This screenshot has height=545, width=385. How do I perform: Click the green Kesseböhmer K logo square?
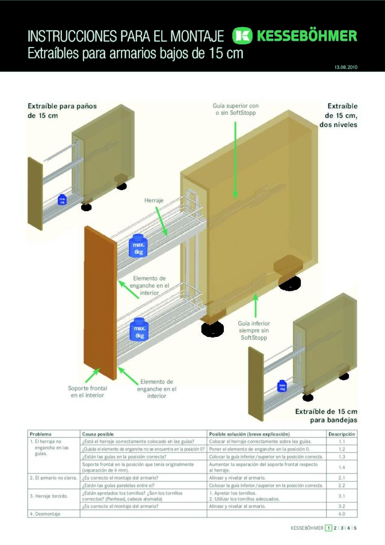click(243, 35)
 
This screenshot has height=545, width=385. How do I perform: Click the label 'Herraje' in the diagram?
click(154, 200)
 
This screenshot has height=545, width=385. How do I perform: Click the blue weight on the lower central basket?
click(140, 329)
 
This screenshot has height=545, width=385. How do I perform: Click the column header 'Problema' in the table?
click(40, 434)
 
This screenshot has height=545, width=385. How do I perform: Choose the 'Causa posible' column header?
click(98, 434)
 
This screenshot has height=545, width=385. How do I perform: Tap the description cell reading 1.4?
click(341, 467)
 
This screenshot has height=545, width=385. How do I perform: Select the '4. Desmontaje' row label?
click(46, 514)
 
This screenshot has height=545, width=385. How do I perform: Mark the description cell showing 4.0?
click(341, 514)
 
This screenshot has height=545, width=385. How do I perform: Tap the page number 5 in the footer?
click(355, 528)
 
